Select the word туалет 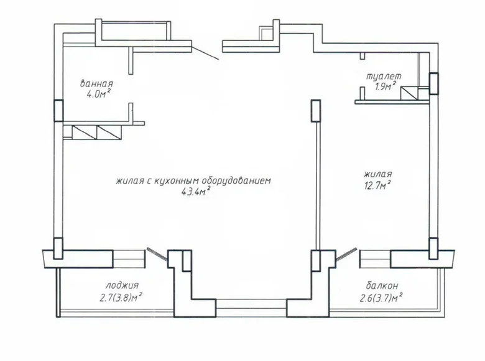(383, 76)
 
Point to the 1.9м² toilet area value (386, 87)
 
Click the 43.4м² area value (194, 191)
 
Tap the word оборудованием (239, 181)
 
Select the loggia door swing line (157, 256)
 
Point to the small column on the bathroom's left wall (58, 110)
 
